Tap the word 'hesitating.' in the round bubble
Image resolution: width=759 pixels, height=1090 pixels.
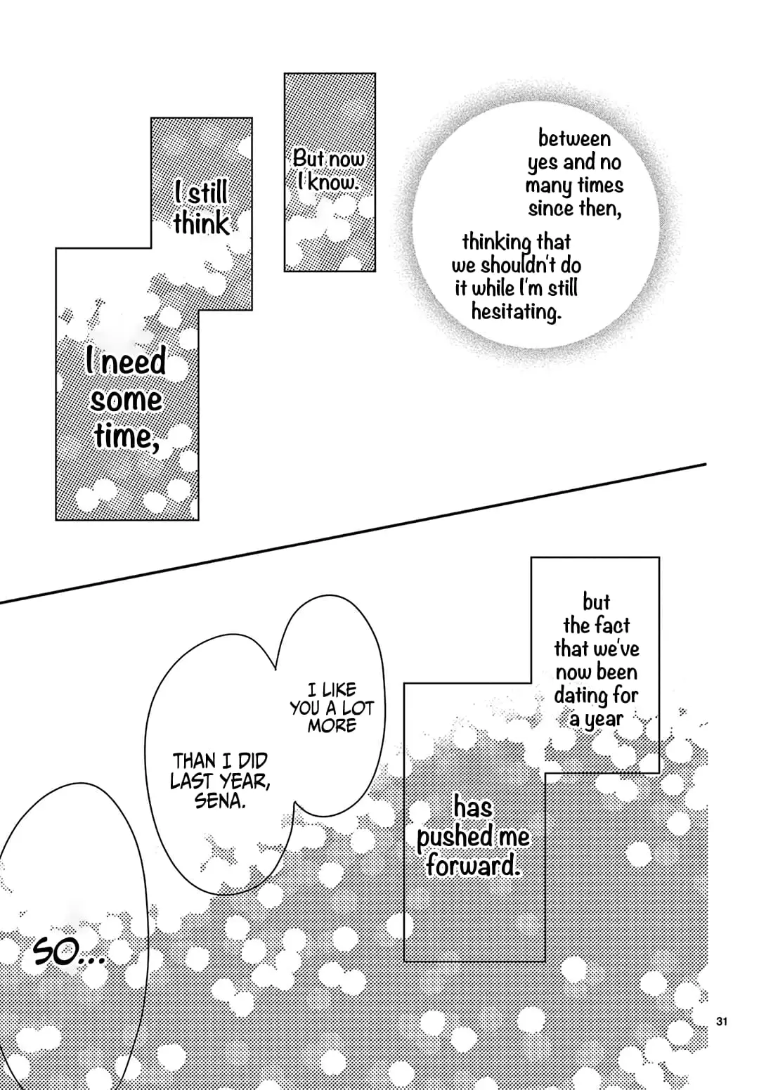(x=517, y=311)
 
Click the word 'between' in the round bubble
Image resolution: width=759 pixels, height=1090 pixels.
(x=574, y=138)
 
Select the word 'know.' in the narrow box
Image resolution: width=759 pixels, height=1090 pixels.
(x=333, y=183)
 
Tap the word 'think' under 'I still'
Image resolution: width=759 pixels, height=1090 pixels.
(x=201, y=224)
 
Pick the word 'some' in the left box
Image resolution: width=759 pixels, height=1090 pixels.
(x=126, y=401)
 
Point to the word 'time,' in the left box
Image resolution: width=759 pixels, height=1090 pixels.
(x=126, y=436)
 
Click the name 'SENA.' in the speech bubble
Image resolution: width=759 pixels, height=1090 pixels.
(x=220, y=800)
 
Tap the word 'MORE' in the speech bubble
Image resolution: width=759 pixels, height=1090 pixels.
(x=332, y=725)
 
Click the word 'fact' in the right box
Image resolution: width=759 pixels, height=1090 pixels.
(x=611, y=625)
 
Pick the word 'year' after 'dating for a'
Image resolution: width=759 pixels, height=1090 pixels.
(x=603, y=719)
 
